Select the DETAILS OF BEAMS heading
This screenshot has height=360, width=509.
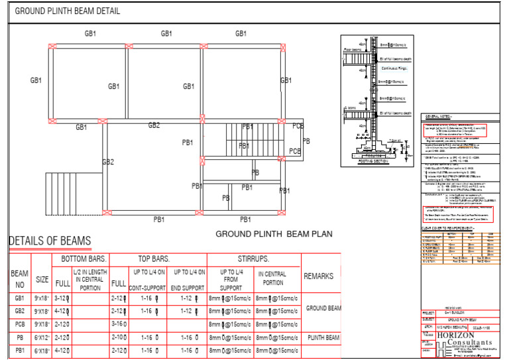tap(50, 241)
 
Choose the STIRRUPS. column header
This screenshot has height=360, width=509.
tap(253, 259)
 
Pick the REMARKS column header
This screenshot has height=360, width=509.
tap(319, 276)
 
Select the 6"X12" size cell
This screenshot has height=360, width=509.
tap(42, 337)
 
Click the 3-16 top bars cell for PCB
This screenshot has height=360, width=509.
tap(119, 324)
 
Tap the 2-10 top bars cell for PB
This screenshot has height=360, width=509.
tap(119, 337)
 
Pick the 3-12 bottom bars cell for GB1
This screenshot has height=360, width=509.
tap(62, 299)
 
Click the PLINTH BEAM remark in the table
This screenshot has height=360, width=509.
tap(323, 337)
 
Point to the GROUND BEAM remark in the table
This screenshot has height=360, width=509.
tap(323, 308)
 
